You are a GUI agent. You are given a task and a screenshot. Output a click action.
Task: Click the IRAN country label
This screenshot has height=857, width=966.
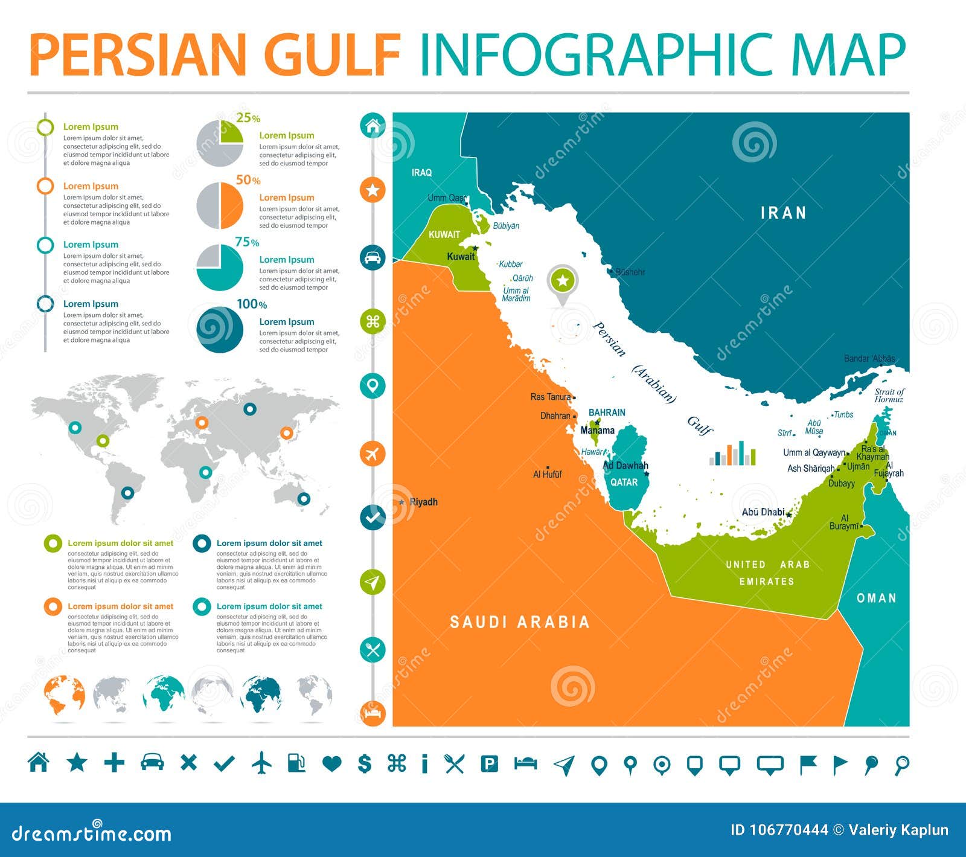pos(783,213)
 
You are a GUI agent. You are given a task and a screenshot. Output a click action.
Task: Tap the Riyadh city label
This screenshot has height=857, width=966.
pos(423,502)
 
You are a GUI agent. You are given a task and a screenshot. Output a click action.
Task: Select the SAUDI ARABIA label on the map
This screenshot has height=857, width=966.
pos(519,622)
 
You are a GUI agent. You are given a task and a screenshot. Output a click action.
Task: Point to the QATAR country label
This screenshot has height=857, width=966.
pos(624,482)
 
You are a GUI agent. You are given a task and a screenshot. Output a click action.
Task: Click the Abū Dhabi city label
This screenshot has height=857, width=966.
pos(763,512)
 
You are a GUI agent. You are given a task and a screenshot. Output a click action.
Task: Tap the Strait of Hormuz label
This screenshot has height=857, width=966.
pos(889,396)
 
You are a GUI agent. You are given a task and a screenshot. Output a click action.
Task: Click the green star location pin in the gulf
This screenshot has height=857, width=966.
pos(563,281)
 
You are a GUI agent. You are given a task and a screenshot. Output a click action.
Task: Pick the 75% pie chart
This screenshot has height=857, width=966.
pos(220,267)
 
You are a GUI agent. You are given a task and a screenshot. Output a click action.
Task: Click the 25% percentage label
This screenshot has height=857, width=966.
pos(248,118)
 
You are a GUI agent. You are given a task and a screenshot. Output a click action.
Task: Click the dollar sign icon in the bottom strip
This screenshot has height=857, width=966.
pos(364,763)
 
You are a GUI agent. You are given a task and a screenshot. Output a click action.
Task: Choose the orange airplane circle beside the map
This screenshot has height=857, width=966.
pos(373,453)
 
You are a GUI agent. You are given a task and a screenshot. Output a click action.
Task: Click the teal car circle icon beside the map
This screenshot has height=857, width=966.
pos(373,257)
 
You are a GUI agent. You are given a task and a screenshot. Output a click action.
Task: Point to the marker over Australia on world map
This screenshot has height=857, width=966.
pos(304,498)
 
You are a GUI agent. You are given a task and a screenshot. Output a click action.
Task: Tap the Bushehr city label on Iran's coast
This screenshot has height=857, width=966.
pos(630,272)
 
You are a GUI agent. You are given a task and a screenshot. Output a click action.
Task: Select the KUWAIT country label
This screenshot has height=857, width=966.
pos(444,234)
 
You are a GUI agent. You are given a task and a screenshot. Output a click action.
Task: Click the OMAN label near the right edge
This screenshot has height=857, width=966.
pos(876,598)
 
